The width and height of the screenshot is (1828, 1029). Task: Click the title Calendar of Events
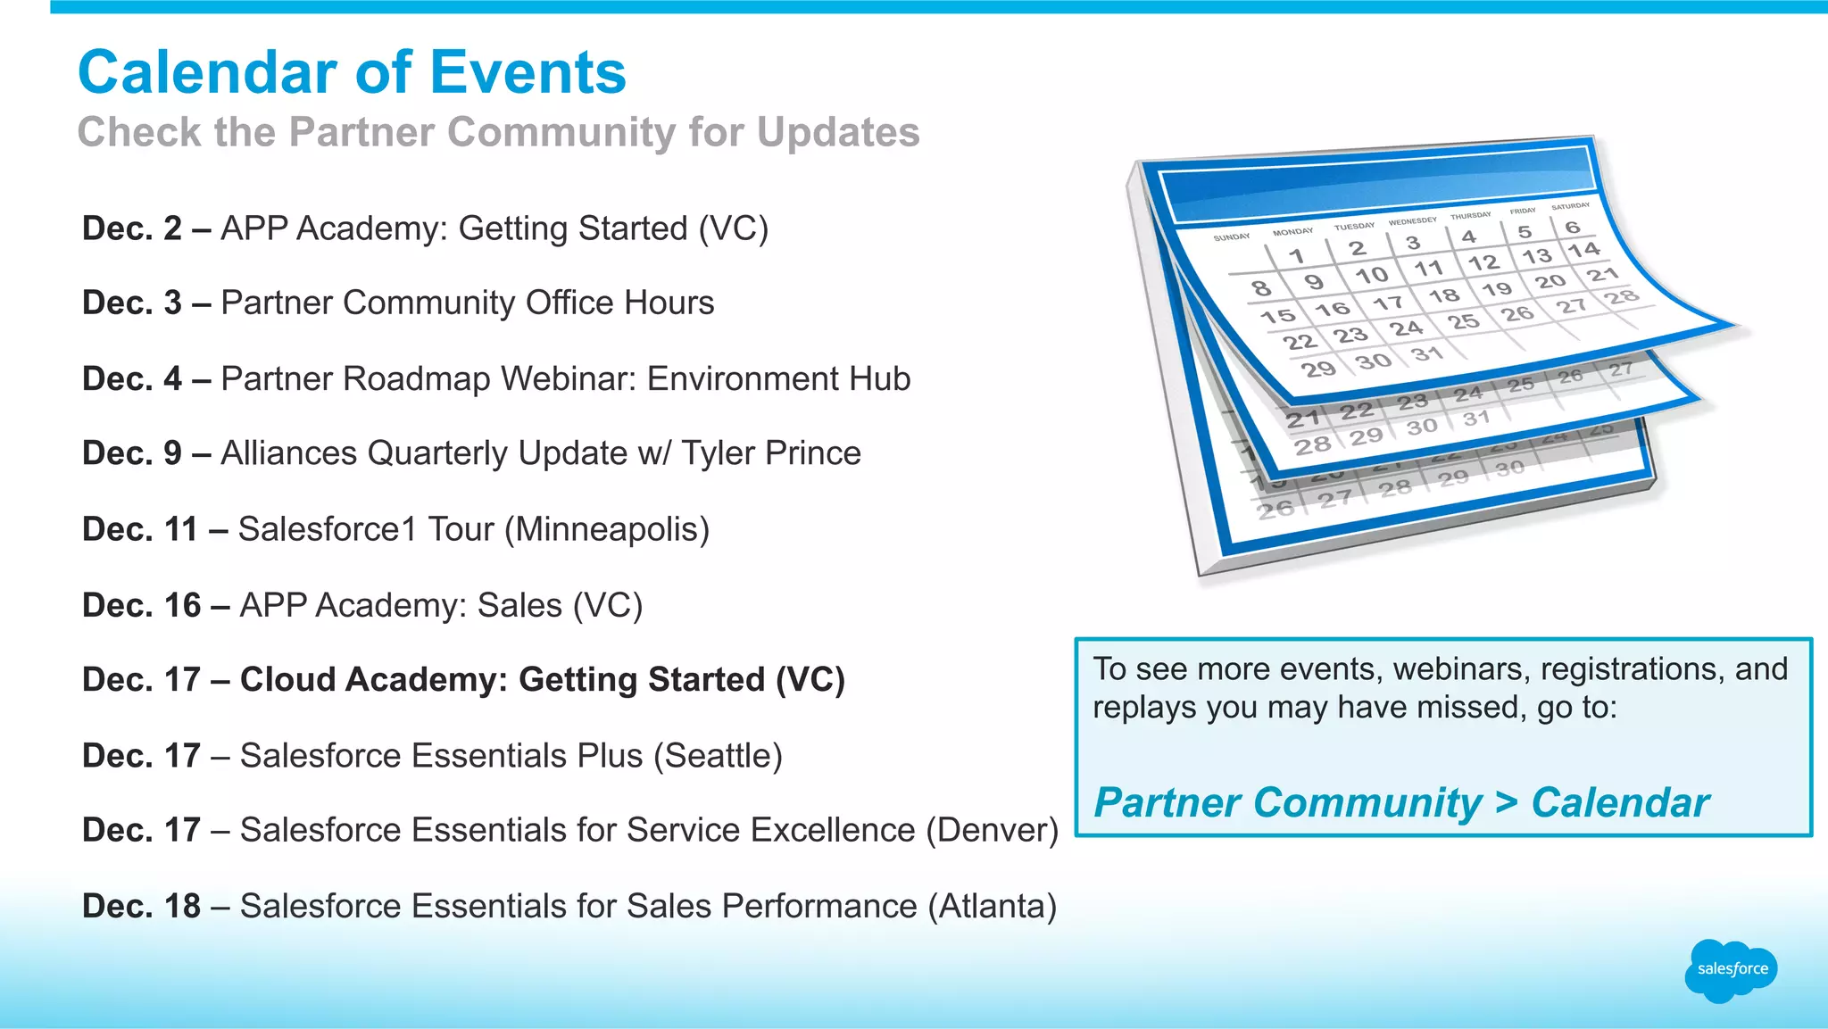(352, 72)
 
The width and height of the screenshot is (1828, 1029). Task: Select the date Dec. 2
(131, 228)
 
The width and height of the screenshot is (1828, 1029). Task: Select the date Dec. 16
(141, 605)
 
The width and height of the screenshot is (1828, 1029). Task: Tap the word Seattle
(718, 756)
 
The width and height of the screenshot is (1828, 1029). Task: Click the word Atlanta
(992, 906)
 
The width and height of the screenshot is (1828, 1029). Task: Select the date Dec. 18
(141, 906)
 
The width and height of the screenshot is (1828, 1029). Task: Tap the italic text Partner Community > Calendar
(1400, 802)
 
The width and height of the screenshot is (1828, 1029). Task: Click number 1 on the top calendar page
(1296, 256)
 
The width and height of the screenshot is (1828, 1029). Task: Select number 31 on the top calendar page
(1426, 354)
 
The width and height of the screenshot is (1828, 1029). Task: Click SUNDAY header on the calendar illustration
(1231, 237)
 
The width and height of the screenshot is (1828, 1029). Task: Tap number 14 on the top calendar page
(1583, 250)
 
